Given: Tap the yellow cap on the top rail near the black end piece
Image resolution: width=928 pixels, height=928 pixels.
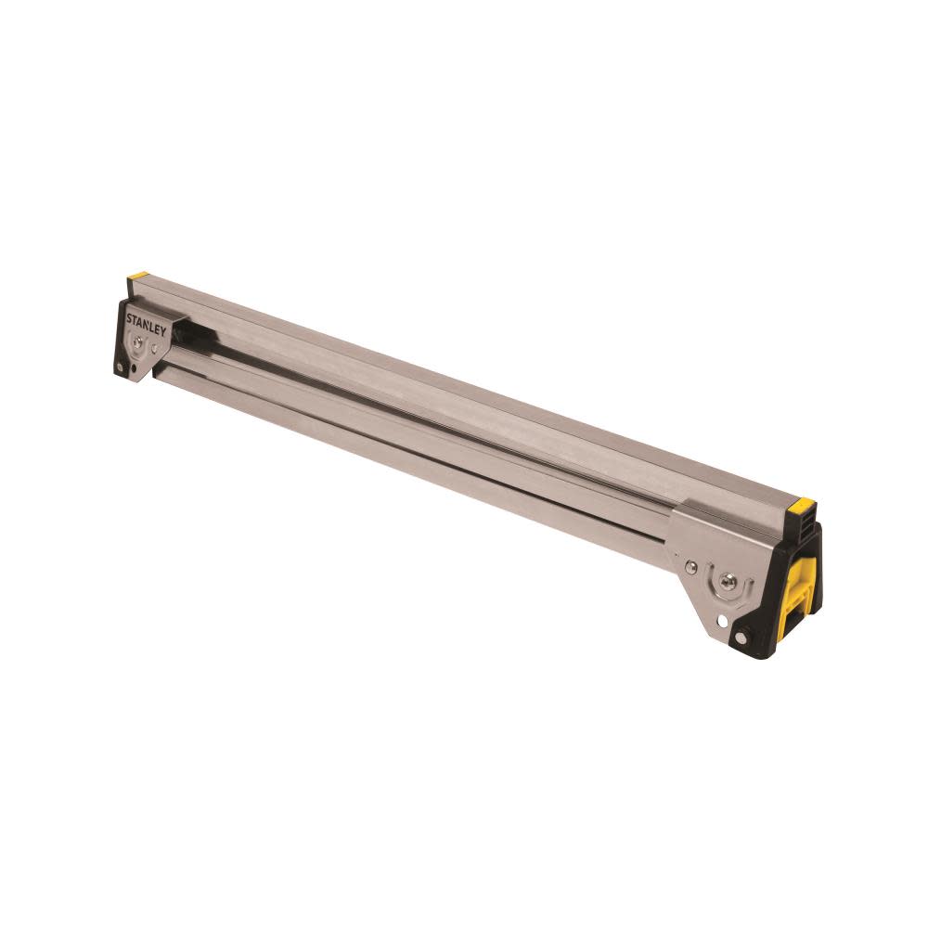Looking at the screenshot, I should click(x=800, y=505).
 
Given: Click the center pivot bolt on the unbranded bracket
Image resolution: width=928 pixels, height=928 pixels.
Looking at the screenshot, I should click(x=728, y=583).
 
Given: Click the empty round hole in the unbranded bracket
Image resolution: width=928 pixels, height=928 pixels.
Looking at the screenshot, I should click(x=722, y=621).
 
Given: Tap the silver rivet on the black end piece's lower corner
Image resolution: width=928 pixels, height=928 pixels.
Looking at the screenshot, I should click(x=741, y=637).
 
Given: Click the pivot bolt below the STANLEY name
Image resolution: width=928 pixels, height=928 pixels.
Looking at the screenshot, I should click(x=137, y=342).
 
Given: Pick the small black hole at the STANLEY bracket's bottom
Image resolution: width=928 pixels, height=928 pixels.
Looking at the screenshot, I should click(x=134, y=367).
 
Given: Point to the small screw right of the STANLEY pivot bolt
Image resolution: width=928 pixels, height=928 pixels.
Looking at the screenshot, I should click(x=154, y=348).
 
